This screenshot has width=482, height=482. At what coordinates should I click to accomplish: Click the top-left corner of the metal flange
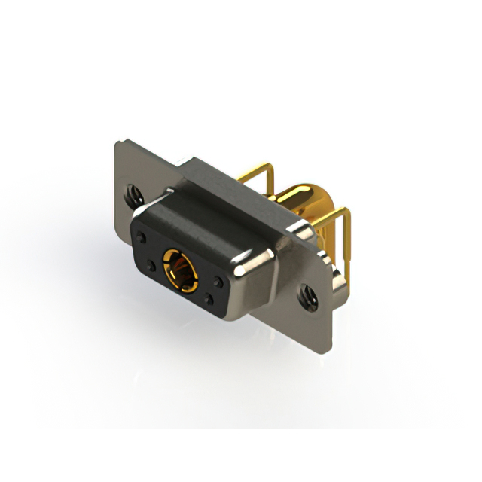click(118, 142)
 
